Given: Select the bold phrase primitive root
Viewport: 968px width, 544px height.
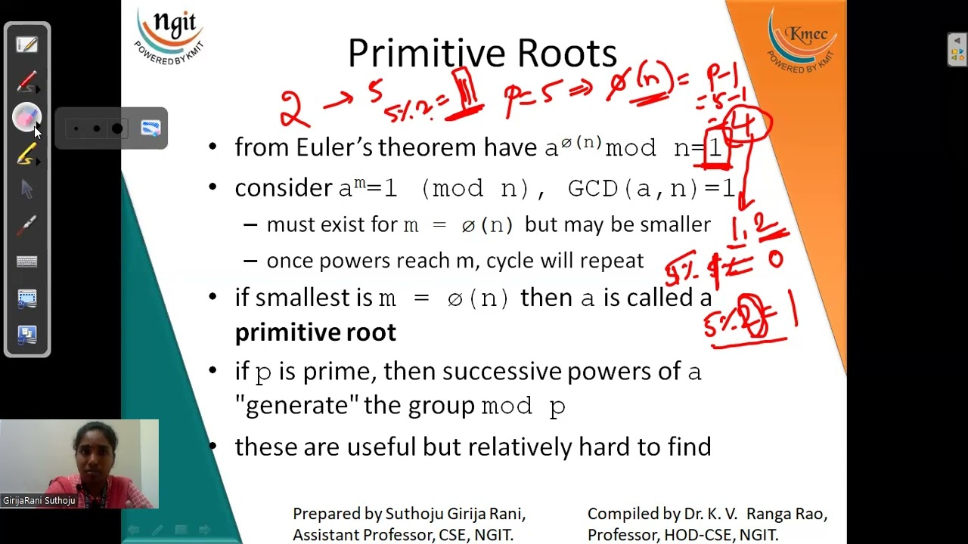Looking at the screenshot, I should tap(315, 332).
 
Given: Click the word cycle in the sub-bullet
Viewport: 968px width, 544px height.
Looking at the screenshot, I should tap(510, 261).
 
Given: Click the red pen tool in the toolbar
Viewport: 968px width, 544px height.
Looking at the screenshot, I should tap(26, 81).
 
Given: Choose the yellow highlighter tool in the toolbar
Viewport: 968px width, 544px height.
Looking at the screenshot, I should tap(26, 154).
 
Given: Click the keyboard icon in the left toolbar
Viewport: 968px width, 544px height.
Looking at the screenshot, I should tap(26, 261).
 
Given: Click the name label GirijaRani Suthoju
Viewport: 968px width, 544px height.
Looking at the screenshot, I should tap(39, 500).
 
